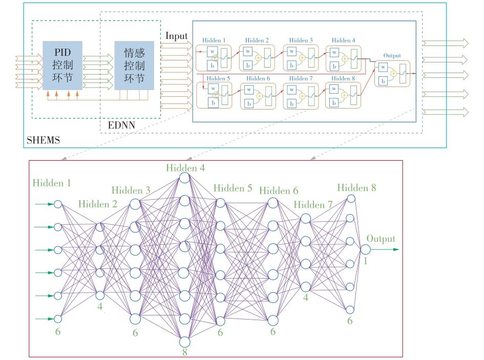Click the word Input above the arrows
coord(176,36)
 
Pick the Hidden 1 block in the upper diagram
coord(214,57)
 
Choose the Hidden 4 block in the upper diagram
coord(344,57)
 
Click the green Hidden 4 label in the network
coord(184,167)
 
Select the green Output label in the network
coord(381,239)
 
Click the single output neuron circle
coord(365,249)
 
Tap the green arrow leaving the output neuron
coord(385,250)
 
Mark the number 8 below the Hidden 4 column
coord(184,352)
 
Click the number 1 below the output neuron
coord(365,261)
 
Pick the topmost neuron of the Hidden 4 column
coord(184,178)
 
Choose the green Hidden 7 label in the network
coord(313,205)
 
